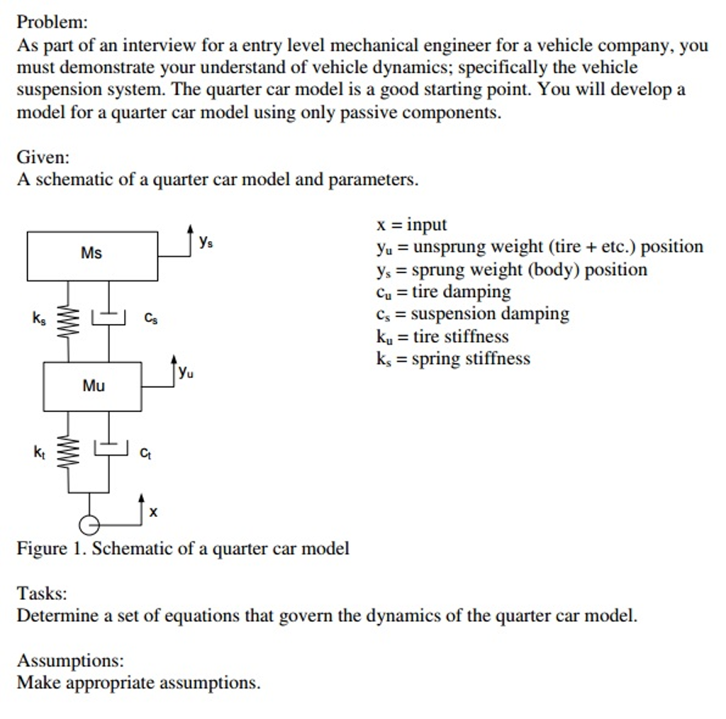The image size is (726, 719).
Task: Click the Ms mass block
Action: click(x=92, y=255)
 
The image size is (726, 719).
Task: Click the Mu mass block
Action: click(x=93, y=386)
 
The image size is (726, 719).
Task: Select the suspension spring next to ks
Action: click(x=69, y=320)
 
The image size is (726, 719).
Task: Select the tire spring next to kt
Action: click(x=69, y=452)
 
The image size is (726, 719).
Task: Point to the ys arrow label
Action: click(x=206, y=242)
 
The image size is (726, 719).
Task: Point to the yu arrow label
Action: click(x=186, y=371)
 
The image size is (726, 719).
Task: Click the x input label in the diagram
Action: click(x=154, y=511)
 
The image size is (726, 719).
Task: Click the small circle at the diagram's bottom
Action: click(x=89, y=525)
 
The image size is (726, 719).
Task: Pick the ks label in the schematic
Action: click(x=38, y=320)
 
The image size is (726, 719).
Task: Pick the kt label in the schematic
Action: click(x=38, y=452)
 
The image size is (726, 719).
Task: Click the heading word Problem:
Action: click(x=52, y=22)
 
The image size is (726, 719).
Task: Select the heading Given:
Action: click(x=43, y=156)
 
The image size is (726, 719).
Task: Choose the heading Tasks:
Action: click(x=42, y=593)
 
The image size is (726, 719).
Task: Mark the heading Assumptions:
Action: click(x=70, y=661)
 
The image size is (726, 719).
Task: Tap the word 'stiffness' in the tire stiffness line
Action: click(x=476, y=337)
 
